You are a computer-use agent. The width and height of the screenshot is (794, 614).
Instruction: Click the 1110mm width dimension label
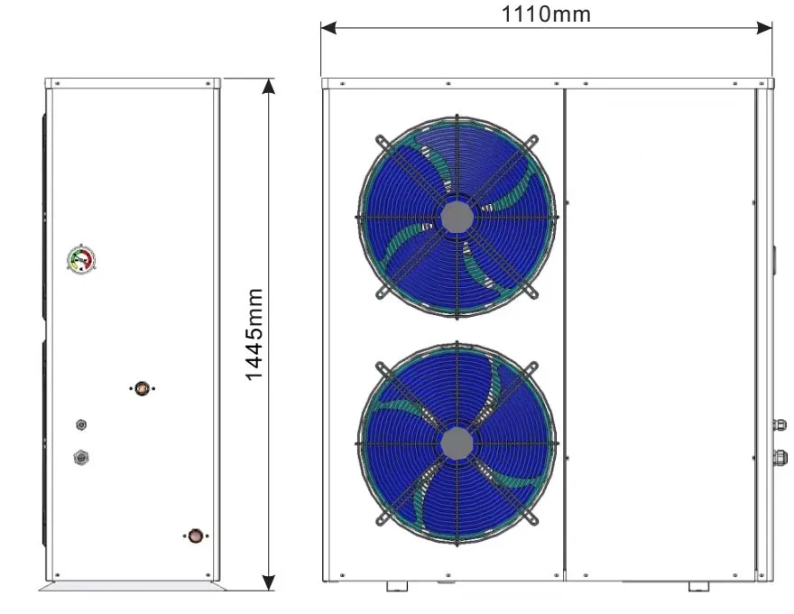click(x=546, y=14)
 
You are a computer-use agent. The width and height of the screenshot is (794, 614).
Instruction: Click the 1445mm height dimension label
click(x=254, y=334)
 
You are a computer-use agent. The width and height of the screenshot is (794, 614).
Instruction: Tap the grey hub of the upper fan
click(x=457, y=218)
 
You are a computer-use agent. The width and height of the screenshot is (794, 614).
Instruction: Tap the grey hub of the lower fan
click(x=457, y=443)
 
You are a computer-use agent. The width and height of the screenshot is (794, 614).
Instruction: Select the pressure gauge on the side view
click(x=81, y=260)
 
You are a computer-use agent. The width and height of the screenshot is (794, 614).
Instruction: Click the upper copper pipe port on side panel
click(x=143, y=388)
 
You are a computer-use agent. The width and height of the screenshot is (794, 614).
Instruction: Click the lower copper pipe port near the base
click(x=196, y=535)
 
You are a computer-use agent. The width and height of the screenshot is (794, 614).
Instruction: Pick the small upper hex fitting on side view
click(x=81, y=424)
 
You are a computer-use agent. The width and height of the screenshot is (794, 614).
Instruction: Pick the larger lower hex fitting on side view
click(x=81, y=458)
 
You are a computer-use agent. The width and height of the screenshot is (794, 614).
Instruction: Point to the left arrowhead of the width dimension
click(x=328, y=28)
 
